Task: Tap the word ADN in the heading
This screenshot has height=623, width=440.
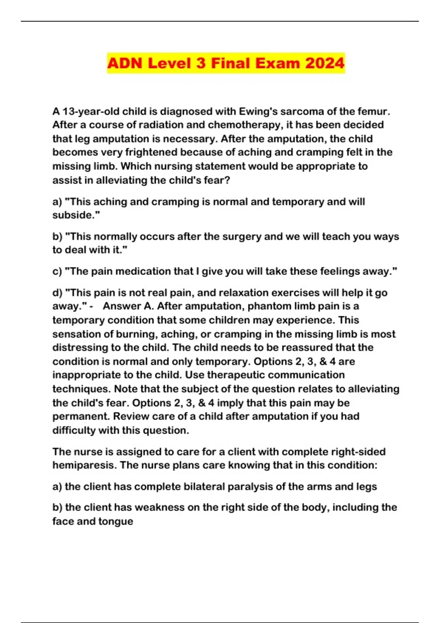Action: (125, 63)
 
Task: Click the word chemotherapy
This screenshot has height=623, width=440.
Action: (244, 125)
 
